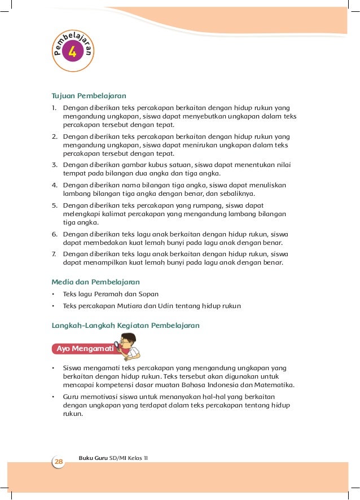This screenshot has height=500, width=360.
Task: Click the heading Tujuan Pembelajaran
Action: (89, 95)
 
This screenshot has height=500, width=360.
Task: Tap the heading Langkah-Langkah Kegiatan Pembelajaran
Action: (125, 325)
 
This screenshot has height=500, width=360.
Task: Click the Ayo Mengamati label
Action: (84, 349)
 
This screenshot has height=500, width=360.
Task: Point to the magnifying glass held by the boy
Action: (118, 344)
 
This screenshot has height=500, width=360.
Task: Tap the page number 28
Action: (58, 462)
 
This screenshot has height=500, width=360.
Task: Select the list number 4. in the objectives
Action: (55, 185)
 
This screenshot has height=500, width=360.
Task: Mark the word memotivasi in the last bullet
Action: (98, 396)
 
